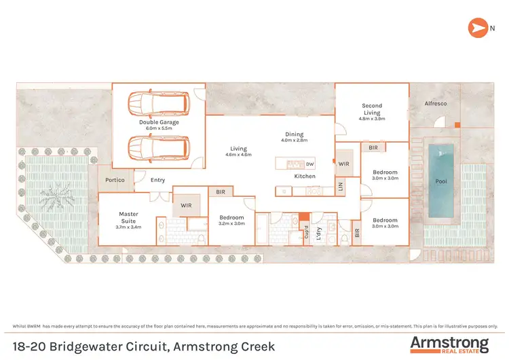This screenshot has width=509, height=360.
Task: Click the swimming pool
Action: tap(440, 180)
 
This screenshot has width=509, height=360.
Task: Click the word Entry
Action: tap(157, 180)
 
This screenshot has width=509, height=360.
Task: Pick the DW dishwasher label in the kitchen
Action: tap(309, 164)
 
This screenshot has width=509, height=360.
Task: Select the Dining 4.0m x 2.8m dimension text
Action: tap(294, 141)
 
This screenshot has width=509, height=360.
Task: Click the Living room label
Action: tap(238, 149)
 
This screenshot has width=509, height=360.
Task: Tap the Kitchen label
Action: tap(305, 176)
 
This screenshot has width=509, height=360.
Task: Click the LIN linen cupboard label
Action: tap(341, 186)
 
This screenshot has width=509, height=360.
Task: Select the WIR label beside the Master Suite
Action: tap(185, 205)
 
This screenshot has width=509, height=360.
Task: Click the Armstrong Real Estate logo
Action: tap(449, 344)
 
